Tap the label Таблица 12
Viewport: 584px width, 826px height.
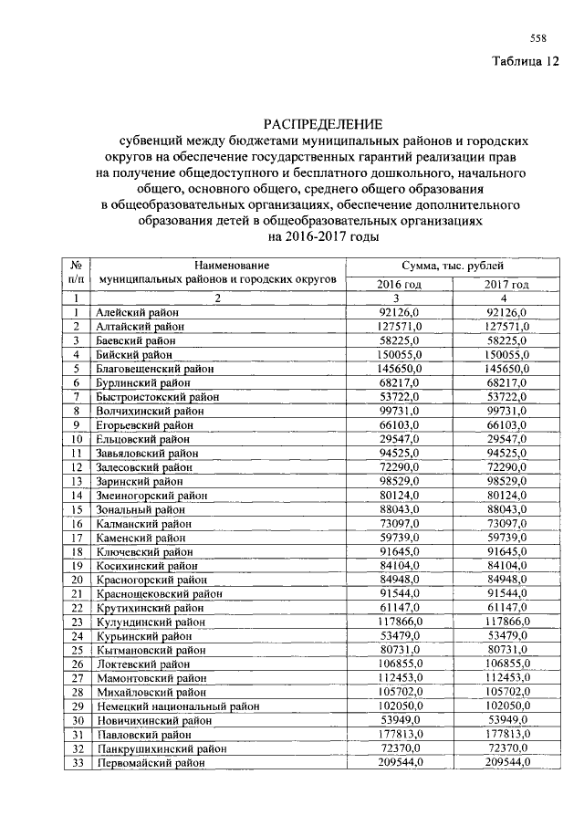point(523,62)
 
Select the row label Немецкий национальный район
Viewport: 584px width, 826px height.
point(177,706)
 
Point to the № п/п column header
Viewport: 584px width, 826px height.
point(78,270)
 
